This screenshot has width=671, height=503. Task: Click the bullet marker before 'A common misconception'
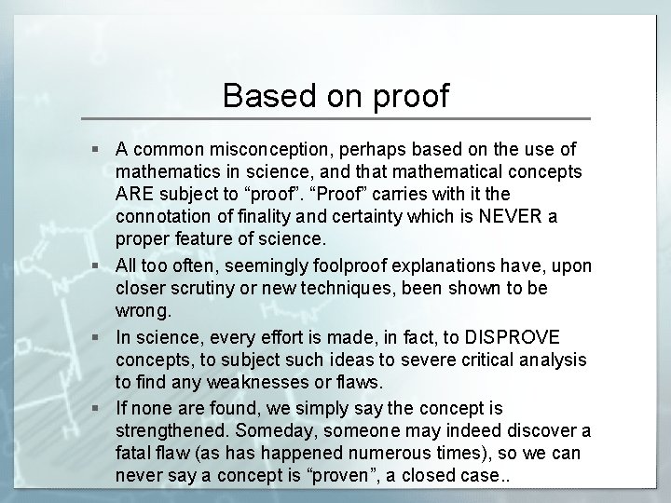click(x=99, y=149)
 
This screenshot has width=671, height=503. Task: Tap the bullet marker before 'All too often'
click(x=99, y=266)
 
